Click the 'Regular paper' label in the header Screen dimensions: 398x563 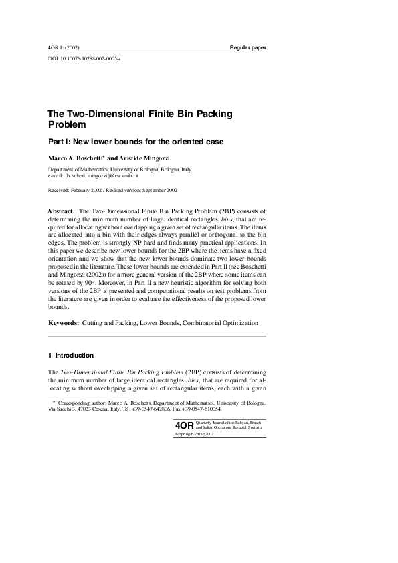247,48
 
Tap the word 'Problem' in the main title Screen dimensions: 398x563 67,124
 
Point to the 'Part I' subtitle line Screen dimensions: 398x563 135,142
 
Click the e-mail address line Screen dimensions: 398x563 92,175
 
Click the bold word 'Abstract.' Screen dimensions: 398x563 62,211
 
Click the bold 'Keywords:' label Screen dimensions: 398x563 63,323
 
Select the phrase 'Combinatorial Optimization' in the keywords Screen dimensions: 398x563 219,323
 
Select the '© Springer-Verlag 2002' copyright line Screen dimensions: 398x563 194,433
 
